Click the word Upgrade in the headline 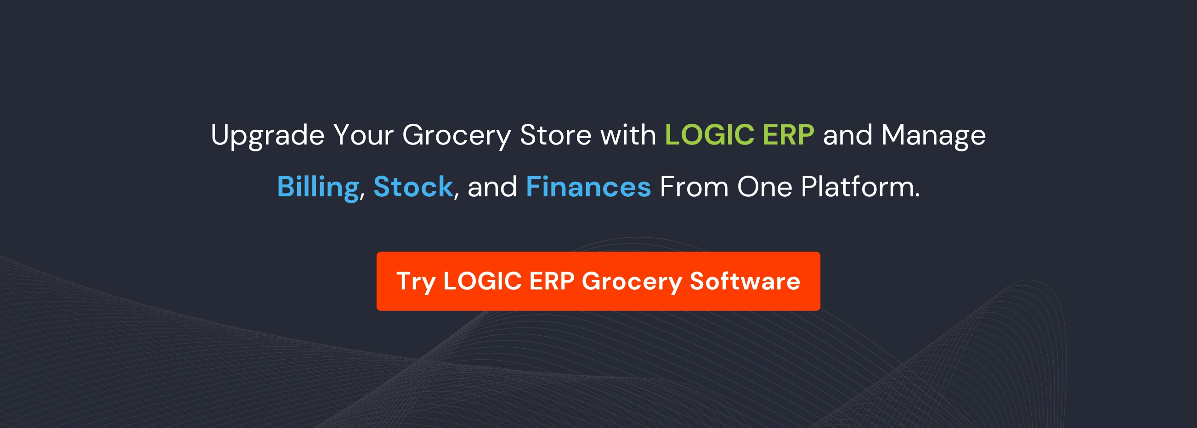tap(268, 135)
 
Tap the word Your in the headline tap(363, 135)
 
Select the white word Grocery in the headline tap(456, 135)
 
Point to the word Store tap(556, 135)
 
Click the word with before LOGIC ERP tap(628, 135)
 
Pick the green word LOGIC tap(709, 135)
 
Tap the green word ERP tap(788, 135)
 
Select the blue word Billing tap(318, 187)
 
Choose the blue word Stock tap(412, 187)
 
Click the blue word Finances tap(588, 187)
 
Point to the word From tap(694, 187)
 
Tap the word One tap(764, 187)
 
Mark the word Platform tap(860, 187)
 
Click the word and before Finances tap(492, 187)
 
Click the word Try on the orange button tap(416, 281)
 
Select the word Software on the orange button tap(745, 281)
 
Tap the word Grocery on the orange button tap(632, 281)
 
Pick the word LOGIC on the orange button tap(482, 281)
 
